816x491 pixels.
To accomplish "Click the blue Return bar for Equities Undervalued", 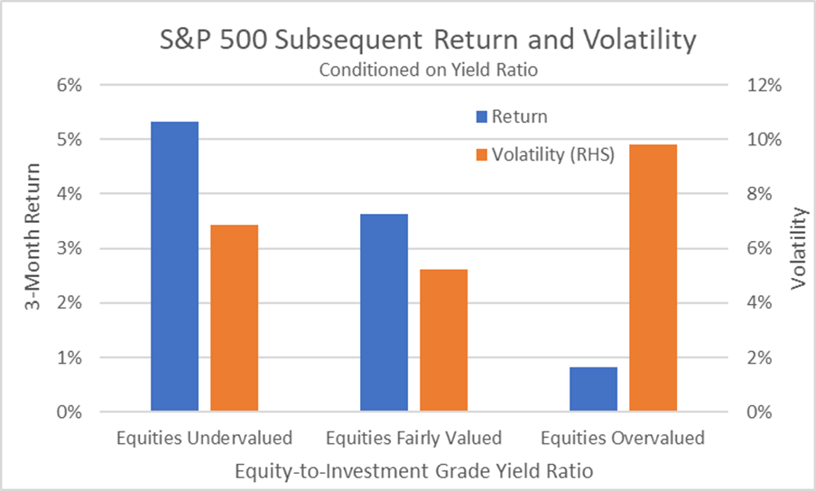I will click(174, 266).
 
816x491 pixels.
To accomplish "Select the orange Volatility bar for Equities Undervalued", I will click(234, 318).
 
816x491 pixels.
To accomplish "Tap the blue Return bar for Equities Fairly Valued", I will click(384, 312).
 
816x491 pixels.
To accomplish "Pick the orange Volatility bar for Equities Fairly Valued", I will click(443, 340).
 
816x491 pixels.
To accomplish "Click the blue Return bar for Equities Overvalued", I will click(593, 389).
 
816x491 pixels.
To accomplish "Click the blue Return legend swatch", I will click(481, 116).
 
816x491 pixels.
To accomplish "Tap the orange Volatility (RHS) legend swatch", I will click(481, 154).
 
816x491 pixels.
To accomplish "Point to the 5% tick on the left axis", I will click(70, 140).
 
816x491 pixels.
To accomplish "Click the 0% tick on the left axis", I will click(70, 412).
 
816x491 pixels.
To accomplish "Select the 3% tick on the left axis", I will click(70, 249).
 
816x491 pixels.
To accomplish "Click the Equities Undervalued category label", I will click(204, 439).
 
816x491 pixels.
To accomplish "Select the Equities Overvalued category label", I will click(622, 439).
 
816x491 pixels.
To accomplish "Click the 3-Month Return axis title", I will click(32, 249).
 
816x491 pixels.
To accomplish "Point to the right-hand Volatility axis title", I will click(798, 249).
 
